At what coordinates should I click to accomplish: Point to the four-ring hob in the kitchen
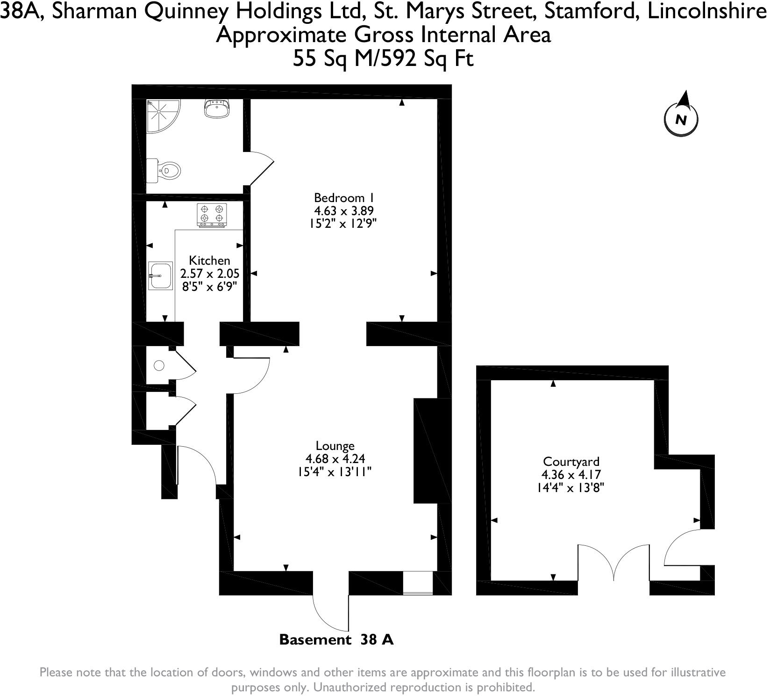tap(212, 215)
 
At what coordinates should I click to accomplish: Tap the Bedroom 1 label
tap(343, 197)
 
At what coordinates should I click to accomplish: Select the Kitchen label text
tap(209, 261)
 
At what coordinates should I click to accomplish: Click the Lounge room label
tap(335, 446)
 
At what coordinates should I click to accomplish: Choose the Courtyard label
tap(571, 462)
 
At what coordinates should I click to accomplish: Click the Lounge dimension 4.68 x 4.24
tap(335, 459)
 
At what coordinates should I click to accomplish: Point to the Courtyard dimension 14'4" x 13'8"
tap(570, 488)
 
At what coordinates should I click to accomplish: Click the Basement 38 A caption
tap(336, 639)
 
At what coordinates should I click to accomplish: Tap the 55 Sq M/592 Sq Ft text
tap(383, 59)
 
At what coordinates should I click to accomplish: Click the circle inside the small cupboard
tap(159, 366)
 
